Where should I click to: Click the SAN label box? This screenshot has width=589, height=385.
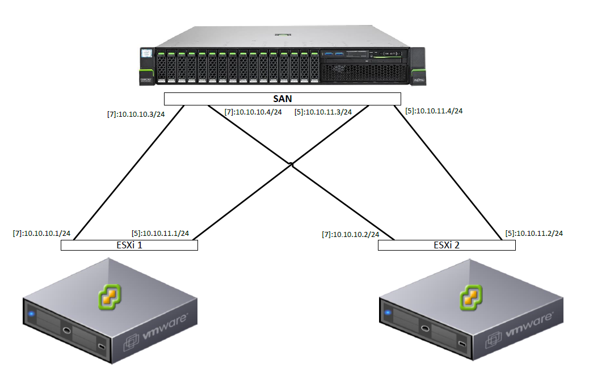pos(283,99)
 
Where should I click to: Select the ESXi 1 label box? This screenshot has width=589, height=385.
pos(129,245)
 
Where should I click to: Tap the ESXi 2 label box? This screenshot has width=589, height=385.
pos(447,245)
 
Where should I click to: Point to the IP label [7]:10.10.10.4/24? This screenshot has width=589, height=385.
pos(253,112)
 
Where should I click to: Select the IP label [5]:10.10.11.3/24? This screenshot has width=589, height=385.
pos(323,112)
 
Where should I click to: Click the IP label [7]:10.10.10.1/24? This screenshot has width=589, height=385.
pos(41,233)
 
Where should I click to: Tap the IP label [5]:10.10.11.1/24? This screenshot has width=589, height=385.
pos(160,233)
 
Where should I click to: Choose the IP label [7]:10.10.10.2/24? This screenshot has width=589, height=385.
pos(350,234)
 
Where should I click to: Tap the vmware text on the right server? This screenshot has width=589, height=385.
pos(528,327)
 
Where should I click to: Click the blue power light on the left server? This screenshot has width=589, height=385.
pos(32,313)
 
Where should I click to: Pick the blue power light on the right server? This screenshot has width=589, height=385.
pos(388,312)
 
